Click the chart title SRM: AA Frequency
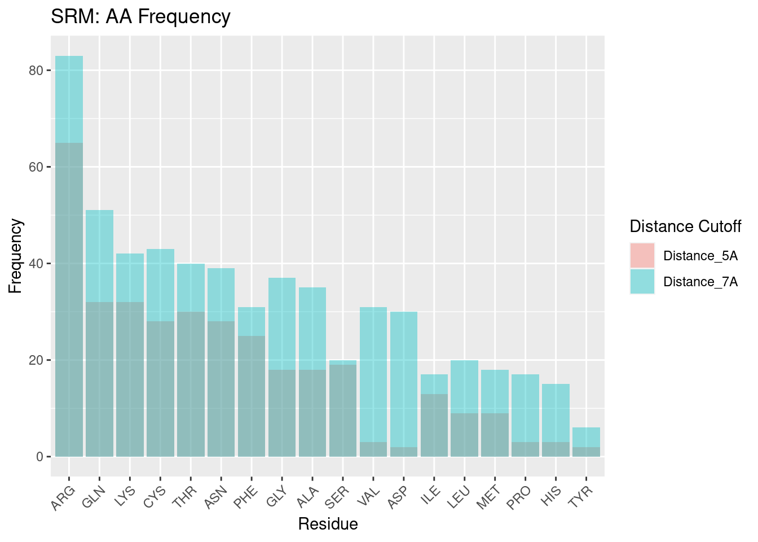pyautogui.click(x=140, y=17)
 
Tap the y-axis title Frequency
pyautogui.click(x=16, y=256)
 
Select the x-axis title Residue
pyautogui.click(x=328, y=524)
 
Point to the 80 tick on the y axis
pyautogui.click(x=37, y=71)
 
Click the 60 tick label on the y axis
pyautogui.click(x=37, y=167)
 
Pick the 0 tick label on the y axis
pyautogui.click(x=40, y=457)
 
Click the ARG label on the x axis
pyautogui.click(x=63, y=497)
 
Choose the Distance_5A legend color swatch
pyautogui.click(x=642, y=256)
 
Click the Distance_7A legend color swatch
pyautogui.click(x=642, y=282)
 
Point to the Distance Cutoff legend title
pyautogui.click(x=685, y=227)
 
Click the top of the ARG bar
pyautogui.click(x=69, y=57)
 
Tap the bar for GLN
pyautogui.click(x=99, y=333)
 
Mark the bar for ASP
pyautogui.click(x=404, y=384)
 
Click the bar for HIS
pyautogui.click(x=556, y=420)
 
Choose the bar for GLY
pyautogui.click(x=282, y=367)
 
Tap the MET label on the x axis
pyautogui.click(x=489, y=497)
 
